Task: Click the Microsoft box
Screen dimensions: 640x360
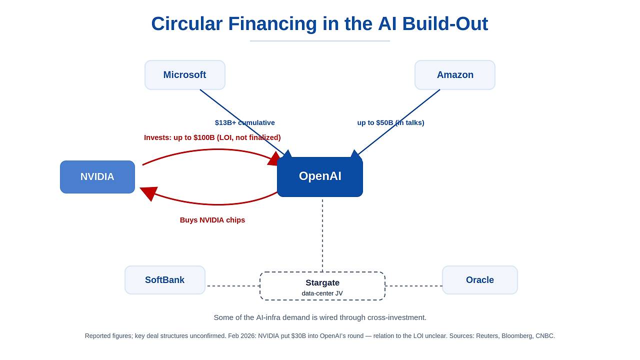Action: [x=185, y=75]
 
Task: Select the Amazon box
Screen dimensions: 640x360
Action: [x=455, y=75]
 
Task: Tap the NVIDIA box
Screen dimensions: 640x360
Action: [x=97, y=177]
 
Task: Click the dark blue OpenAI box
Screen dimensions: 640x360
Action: [x=320, y=176]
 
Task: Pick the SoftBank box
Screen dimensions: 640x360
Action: [x=165, y=280]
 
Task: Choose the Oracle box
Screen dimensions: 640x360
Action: [x=480, y=280]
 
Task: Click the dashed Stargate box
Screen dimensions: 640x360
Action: [x=322, y=286]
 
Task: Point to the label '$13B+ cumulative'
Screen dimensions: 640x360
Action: [x=245, y=122]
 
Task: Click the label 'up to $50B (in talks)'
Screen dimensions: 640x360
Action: [x=390, y=122]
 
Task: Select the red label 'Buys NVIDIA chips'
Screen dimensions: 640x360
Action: [x=212, y=220]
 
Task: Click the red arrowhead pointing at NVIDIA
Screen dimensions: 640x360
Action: [x=148, y=193]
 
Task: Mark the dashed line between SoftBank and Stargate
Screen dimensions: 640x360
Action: [x=233, y=285]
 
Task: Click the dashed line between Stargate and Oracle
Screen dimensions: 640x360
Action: [x=413, y=285]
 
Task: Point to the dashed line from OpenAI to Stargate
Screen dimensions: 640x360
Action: [x=322, y=235]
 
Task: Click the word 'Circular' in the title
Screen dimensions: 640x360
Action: [x=187, y=23]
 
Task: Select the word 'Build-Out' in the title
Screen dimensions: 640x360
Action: [x=445, y=23]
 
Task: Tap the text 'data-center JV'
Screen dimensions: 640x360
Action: [x=322, y=293]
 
